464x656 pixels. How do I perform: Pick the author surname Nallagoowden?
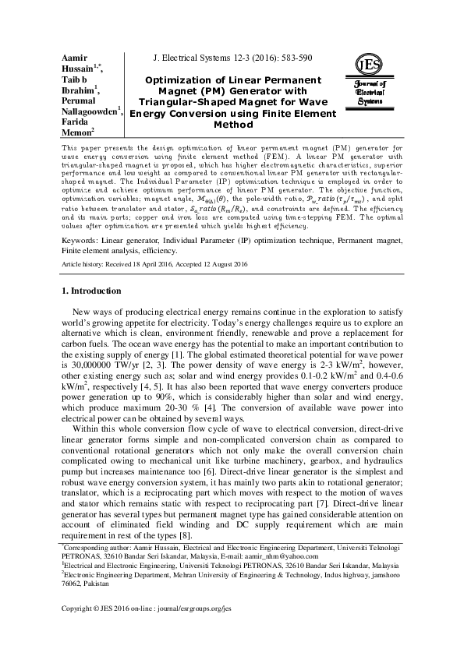coord(89,111)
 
